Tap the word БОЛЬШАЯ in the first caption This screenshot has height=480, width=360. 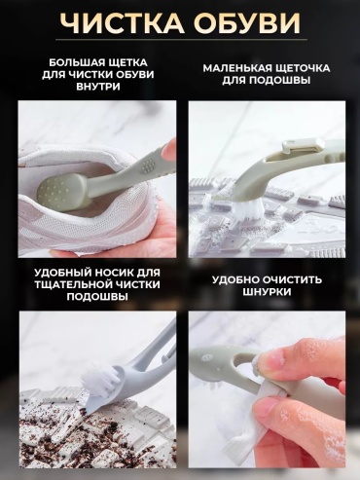pos(76,62)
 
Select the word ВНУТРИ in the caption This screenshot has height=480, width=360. pos(98,87)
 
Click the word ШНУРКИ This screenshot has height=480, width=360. pos(267,292)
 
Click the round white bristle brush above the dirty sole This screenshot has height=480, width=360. pos(98,378)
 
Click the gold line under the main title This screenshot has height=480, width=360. pos(181,40)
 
